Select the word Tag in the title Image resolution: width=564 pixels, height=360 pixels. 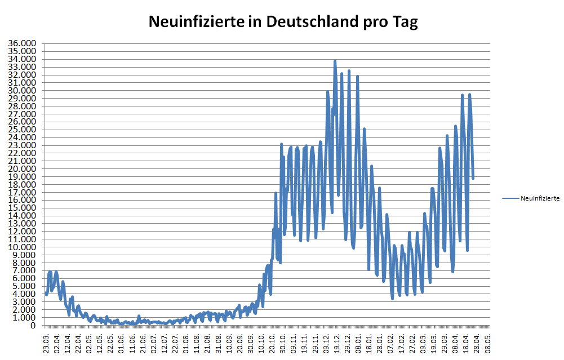[405, 22]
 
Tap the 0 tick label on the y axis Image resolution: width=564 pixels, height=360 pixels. [33, 325]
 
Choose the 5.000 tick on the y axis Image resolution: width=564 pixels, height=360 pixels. [24, 286]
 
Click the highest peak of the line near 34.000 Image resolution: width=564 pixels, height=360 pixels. [335, 61]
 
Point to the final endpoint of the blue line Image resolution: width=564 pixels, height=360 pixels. [473, 178]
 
